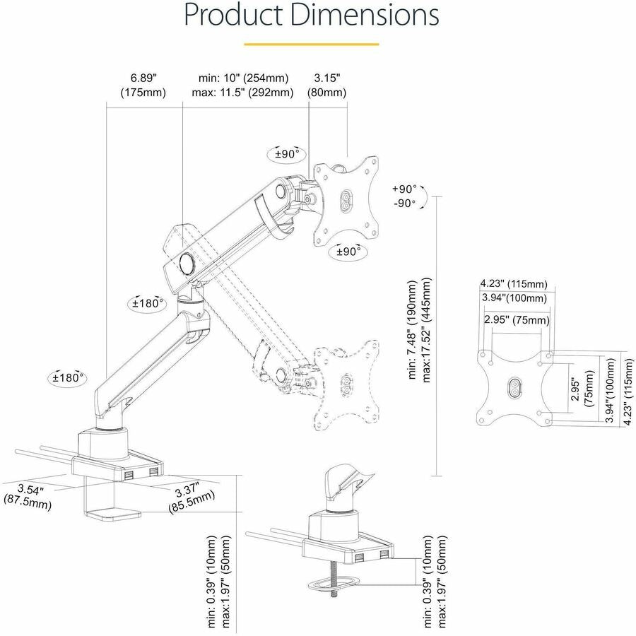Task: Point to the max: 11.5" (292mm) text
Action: pos(242,93)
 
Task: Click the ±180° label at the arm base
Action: pos(69,377)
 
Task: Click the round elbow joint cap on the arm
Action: pos(188,262)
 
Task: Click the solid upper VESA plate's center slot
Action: pos(347,200)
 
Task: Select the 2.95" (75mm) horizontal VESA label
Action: pos(517,320)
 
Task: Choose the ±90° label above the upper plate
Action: pos(287,153)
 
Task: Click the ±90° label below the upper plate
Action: pos(348,251)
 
